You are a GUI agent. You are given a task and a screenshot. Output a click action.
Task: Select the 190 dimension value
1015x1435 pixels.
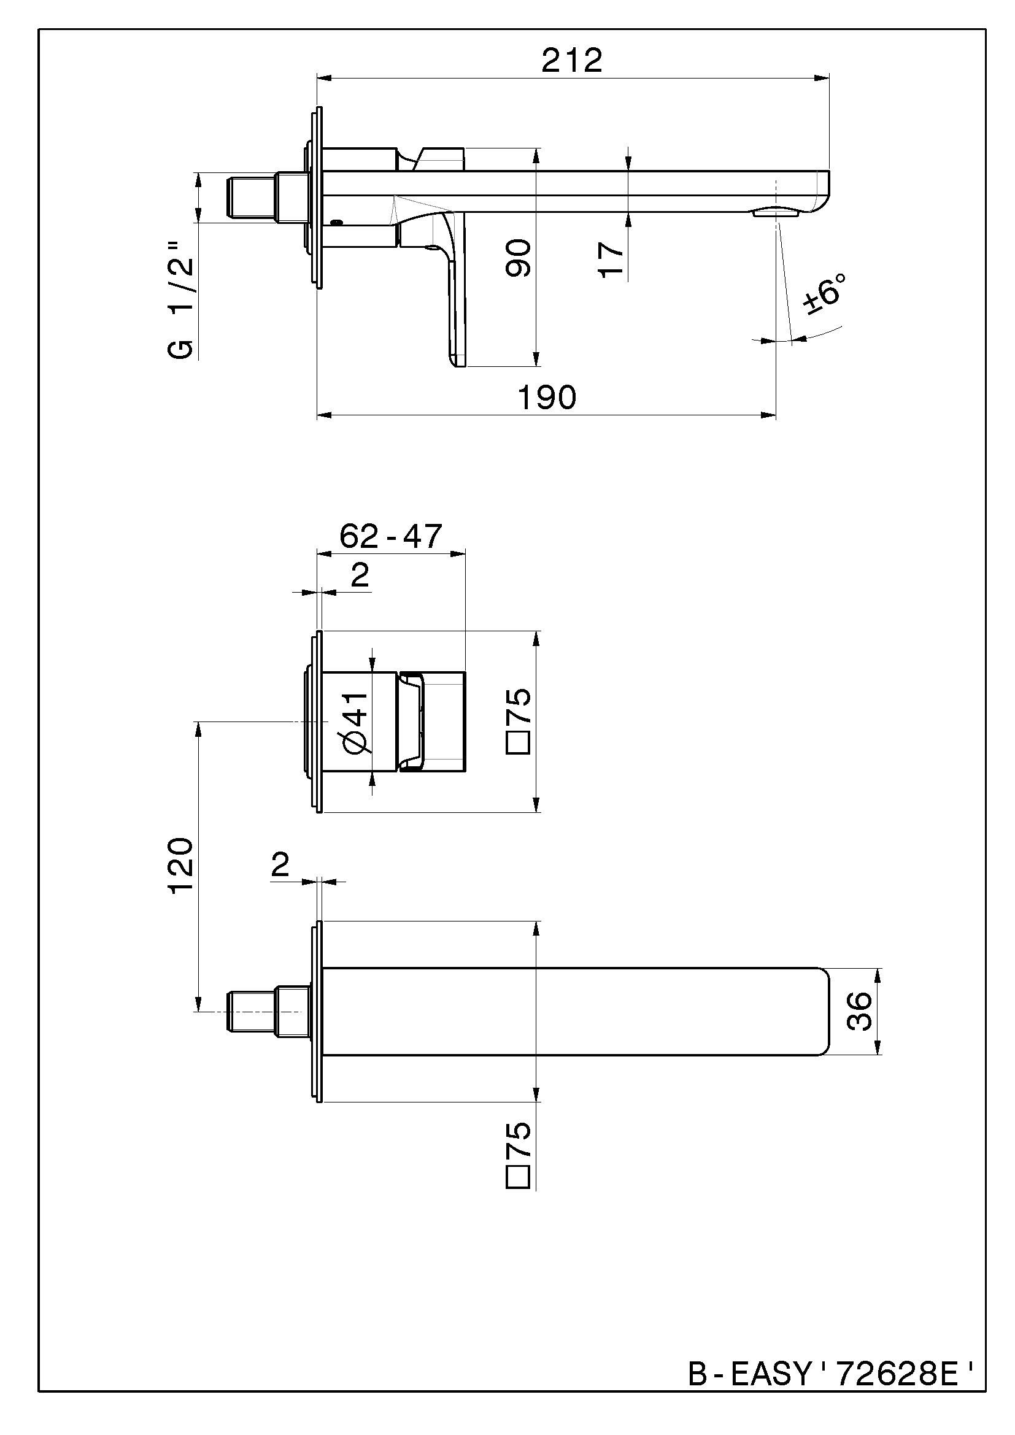click(x=547, y=398)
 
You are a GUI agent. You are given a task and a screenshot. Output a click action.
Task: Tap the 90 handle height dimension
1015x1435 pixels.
click(x=518, y=258)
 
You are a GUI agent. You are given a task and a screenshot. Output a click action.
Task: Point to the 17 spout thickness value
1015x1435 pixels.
click(x=612, y=260)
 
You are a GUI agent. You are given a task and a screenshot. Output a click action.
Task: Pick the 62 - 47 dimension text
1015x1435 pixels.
click(x=391, y=536)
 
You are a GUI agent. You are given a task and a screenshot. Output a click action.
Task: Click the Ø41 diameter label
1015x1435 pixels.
click(x=354, y=722)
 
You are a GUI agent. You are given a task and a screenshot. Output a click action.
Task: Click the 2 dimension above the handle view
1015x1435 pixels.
click(x=360, y=575)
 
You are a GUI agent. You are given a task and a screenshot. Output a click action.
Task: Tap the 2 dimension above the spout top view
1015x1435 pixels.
click(x=280, y=866)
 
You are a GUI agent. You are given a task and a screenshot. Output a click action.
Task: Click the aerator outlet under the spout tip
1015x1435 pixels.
click(x=776, y=212)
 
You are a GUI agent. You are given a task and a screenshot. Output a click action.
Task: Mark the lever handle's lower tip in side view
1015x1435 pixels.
click(x=456, y=360)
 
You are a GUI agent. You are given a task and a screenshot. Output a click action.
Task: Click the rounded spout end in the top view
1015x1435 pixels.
click(x=822, y=1011)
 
